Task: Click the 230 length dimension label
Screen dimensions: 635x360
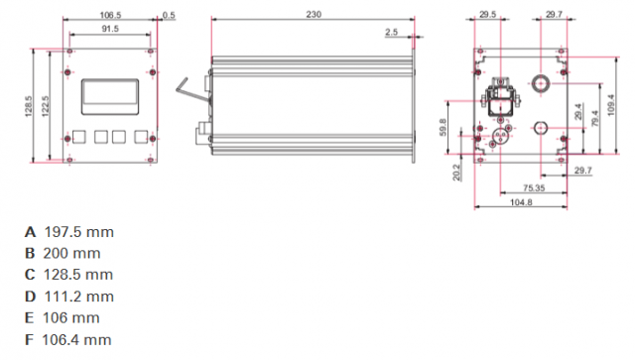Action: tap(314, 14)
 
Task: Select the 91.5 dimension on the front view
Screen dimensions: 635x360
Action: tap(110, 29)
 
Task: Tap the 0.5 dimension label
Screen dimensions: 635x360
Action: tap(169, 15)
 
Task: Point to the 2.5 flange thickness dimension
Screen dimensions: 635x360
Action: tap(391, 32)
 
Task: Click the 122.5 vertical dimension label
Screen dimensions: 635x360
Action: tap(45, 106)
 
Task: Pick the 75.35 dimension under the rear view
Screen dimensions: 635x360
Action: tap(534, 187)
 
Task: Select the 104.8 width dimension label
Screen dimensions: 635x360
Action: tap(521, 202)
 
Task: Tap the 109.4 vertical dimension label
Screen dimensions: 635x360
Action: tap(611, 105)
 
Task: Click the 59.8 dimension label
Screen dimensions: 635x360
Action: tap(443, 127)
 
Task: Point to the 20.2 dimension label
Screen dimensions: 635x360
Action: tap(456, 173)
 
